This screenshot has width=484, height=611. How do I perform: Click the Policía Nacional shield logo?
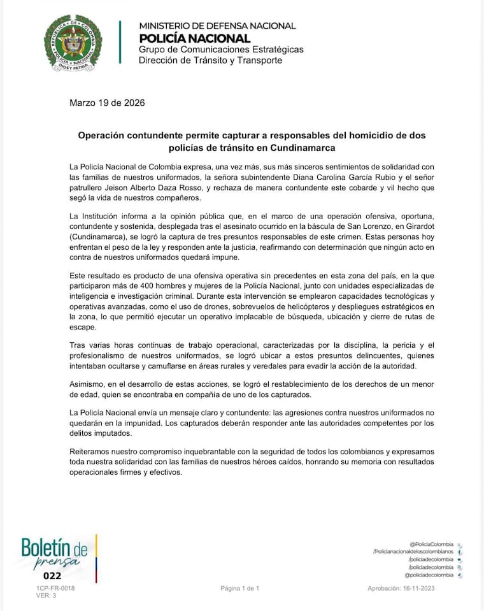pyautogui.click(x=72, y=43)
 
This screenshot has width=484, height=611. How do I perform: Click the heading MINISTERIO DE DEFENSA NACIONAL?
pyautogui.click(x=217, y=26)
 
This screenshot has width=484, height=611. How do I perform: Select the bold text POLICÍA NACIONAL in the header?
pyautogui.click(x=194, y=38)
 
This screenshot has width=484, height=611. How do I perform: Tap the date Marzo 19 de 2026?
pyautogui.click(x=107, y=103)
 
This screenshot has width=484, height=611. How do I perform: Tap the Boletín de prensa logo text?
pyautogui.click(x=54, y=552)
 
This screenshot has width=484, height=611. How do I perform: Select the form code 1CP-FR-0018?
pyautogui.click(x=55, y=588)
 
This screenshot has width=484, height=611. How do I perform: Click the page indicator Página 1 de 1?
pyautogui.click(x=240, y=588)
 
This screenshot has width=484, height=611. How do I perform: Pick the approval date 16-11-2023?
pyautogui.click(x=434, y=588)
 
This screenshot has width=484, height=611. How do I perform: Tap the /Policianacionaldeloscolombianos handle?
pyautogui.click(x=413, y=552)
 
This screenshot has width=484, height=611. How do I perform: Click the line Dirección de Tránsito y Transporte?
pyautogui.click(x=210, y=61)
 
